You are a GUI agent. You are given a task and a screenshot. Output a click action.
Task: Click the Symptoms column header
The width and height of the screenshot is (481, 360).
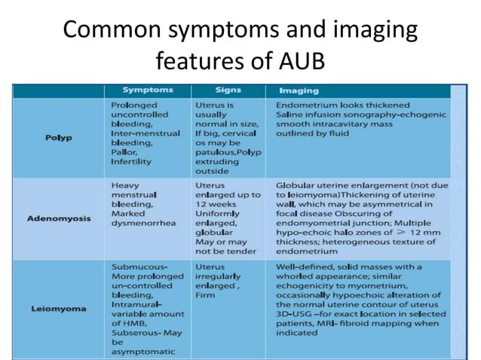pos(148,90)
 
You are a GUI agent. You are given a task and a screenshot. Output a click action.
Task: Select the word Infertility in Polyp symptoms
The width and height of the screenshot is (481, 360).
pos(131,161)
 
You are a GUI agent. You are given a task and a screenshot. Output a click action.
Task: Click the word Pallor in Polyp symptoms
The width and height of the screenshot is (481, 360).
pos(126,151)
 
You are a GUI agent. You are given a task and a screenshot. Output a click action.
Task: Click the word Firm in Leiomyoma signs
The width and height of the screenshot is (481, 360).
pos(205,296)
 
